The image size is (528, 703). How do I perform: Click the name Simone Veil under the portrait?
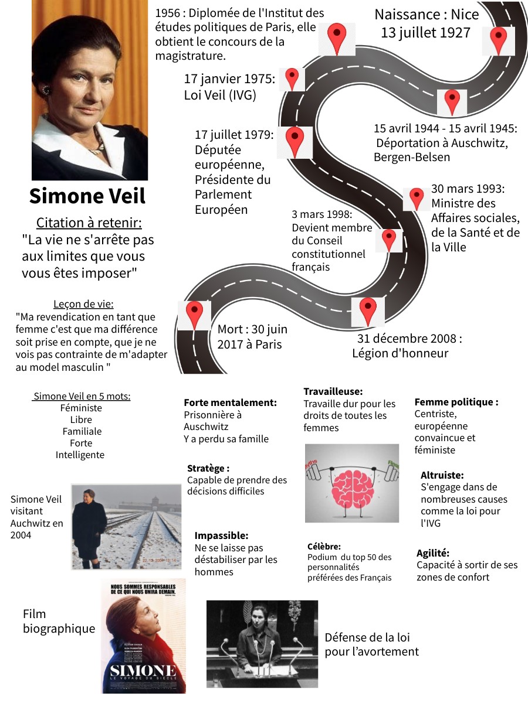(x=87, y=196)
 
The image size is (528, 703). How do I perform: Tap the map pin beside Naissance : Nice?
(x=498, y=39)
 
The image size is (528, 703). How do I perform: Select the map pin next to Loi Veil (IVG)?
(x=292, y=79)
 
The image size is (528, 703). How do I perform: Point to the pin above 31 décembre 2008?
(x=367, y=310)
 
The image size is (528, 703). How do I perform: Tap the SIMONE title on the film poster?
(x=143, y=671)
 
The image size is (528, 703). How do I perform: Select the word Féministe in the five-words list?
(x=81, y=408)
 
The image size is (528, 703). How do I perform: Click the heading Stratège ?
(x=208, y=468)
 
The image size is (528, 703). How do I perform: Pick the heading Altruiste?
(x=442, y=475)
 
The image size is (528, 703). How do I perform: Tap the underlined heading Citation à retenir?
(x=89, y=223)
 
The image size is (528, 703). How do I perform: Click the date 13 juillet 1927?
(x=425, y=32)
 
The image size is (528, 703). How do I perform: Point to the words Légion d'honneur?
(x=400, y=353)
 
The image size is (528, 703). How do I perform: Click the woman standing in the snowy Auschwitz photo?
(x=89, y=524)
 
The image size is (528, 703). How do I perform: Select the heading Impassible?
(x=221, y=535)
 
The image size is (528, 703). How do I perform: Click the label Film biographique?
(x=59, y=622)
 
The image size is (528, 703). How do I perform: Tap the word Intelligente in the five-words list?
(x=80, y=455)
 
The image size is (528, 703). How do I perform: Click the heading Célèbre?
(x=324, y=546)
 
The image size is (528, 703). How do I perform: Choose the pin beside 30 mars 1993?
(x=417, y=198)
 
